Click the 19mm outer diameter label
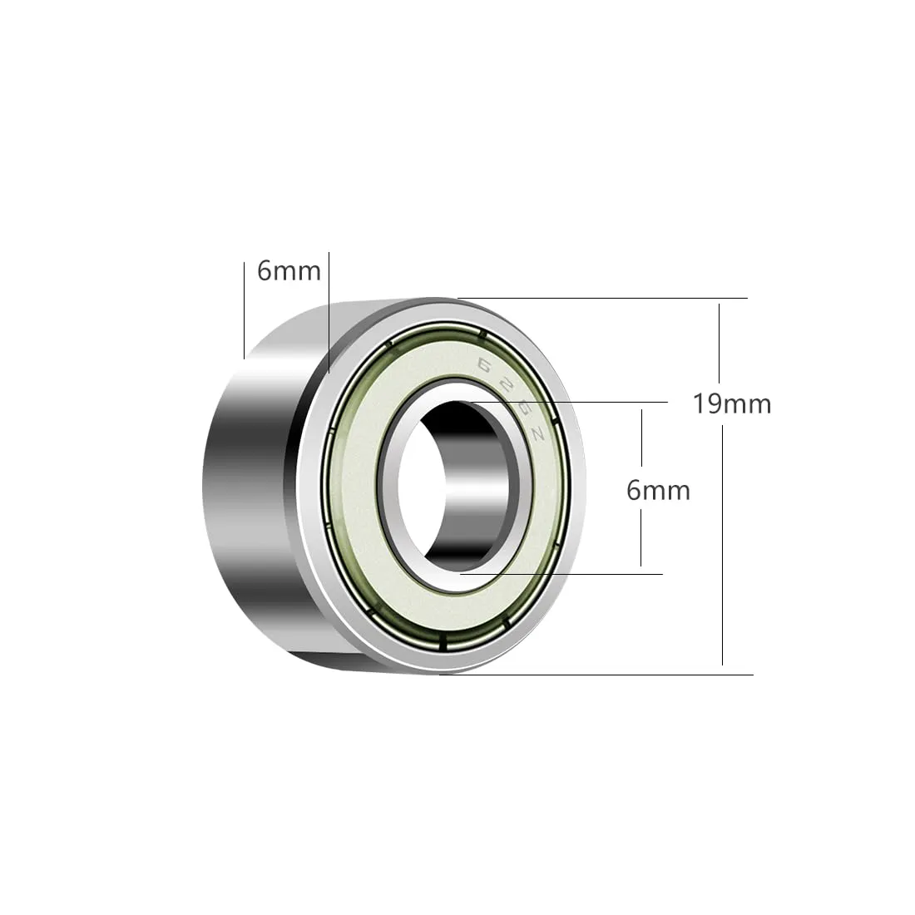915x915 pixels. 732,403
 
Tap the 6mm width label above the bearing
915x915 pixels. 289,271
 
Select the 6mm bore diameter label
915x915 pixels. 658,491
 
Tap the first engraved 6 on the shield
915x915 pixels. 484,365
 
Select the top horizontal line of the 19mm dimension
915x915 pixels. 602,298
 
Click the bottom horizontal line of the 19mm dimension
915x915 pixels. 596,675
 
